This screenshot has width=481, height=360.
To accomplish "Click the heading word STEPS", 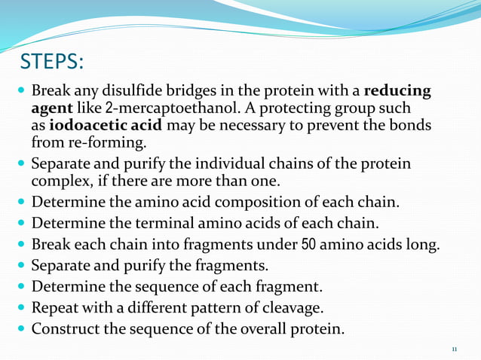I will (52, 59).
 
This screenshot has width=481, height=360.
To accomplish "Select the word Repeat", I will (54, 308).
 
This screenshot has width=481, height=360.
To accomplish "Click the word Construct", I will (66, 329).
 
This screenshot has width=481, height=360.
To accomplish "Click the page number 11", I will (454, 349).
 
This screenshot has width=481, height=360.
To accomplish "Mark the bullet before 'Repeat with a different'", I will (20, 308).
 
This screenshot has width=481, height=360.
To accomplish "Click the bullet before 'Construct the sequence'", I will (20, 329).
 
